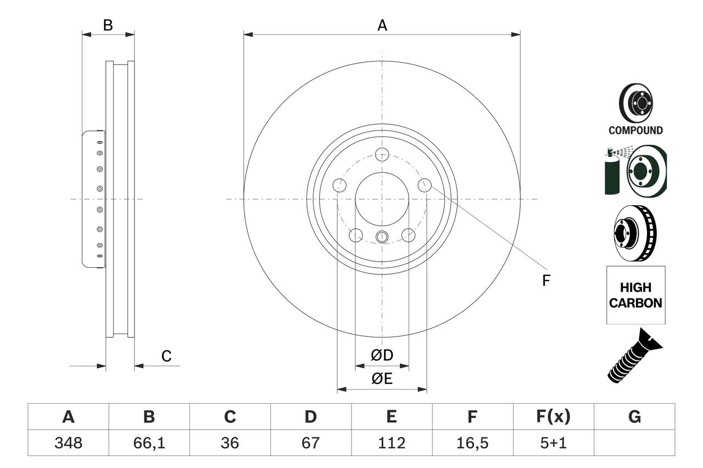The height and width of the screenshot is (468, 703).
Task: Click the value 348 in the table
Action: click(x=68, y=443)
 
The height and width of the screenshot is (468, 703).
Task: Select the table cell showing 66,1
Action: click(x=149, y=443)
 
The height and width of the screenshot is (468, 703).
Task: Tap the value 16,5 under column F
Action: click(x=472, y=443)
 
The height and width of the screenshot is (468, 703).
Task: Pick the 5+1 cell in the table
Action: click(x=553, y=443)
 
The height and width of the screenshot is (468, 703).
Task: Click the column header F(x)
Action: click(x=553, y=417)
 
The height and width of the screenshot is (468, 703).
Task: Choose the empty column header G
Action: click(x=634, y=417)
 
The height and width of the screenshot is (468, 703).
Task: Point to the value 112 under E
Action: click(x=392, y=443)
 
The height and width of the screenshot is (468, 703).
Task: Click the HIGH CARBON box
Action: click(x=635, y=295)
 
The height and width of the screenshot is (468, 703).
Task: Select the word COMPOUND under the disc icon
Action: click(x=635, y=131)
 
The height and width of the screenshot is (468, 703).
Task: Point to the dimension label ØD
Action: click(x=382, y=356)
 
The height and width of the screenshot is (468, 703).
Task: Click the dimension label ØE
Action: click(x=382, y=379)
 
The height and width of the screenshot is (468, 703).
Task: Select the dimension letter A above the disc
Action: click(x=382, y=25)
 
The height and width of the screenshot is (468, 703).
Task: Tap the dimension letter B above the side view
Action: click(x=108, y=25)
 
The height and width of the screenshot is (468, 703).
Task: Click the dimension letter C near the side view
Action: click(x=166, y=356)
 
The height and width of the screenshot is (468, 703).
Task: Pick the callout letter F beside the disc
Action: click(x=546, y=281)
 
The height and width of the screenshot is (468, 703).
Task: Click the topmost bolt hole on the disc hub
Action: click(x=382, y=154)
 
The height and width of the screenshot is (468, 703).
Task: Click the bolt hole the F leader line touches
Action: click(x=424, y=185)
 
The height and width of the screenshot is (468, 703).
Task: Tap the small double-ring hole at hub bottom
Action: click(x=382, y=237)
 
